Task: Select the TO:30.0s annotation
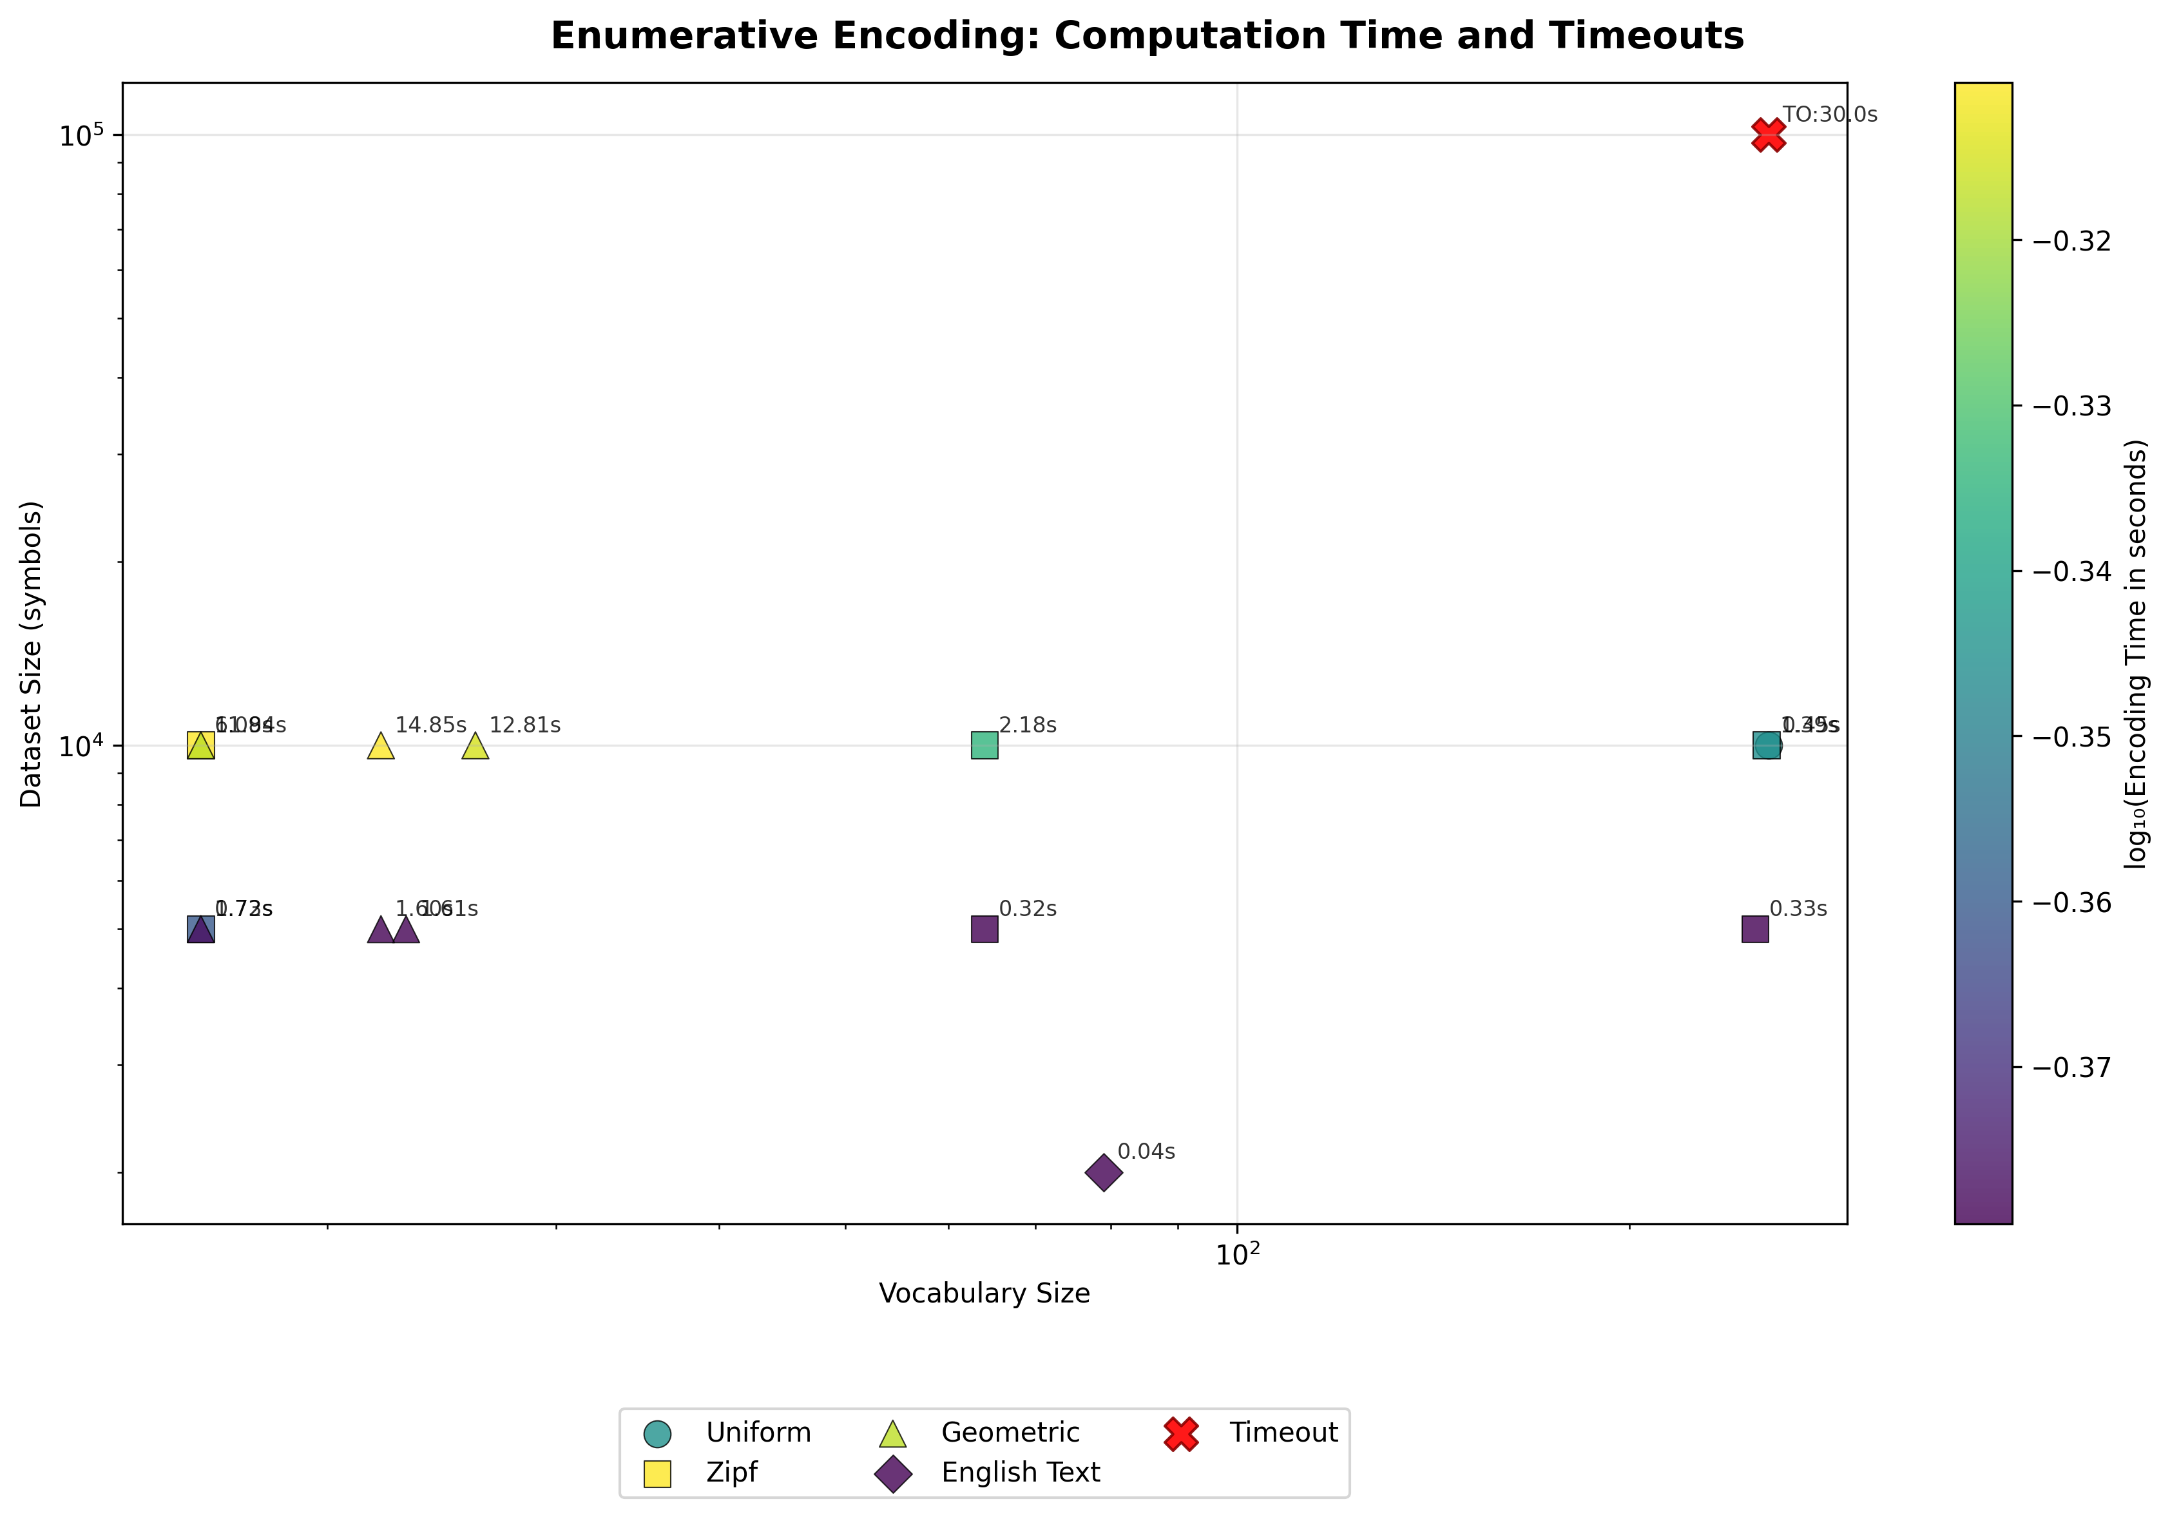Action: pyautogui.click(x=1830, y=115)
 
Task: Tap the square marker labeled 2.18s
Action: pyautogui.click(x=984, y=746)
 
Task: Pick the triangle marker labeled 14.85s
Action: pyautogui.click(x=380, y=746)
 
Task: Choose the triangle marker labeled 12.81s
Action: pyautogui.click(x=475, y=746)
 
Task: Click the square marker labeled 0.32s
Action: pyautogui.click(x=984, y=929)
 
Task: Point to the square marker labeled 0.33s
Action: pyautogui.click(x=1755, y=929)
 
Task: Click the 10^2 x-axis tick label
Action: pyautogui.click(x=1237, y=1255)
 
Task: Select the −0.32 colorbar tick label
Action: pyautogui.click(x=2071, y=241)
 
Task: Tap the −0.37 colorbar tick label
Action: pyautogui.click(x=2071, y=1067)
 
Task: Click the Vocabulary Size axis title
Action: pyautogui.click(x=984, y=1293)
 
